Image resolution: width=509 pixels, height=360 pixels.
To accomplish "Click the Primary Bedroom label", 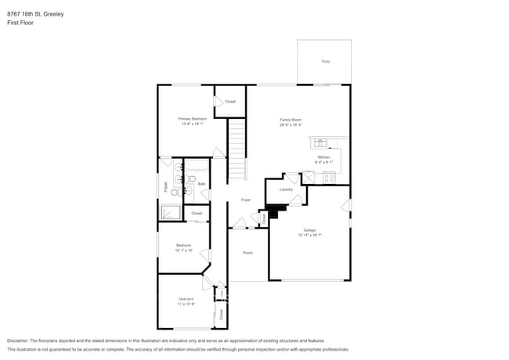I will coord(193,118).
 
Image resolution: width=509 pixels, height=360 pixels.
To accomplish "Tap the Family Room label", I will coord(291,120).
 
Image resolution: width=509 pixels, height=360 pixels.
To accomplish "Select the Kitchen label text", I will coord(324,157).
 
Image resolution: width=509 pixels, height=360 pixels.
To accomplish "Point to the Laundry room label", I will coord(286,189).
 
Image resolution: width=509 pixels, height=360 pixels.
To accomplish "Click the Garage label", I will coord(310,230).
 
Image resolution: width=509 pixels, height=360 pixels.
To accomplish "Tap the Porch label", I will coord(247,253).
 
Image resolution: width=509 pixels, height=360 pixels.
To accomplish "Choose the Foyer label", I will coord(245,200).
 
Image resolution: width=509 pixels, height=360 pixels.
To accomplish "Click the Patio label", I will coord(324,61).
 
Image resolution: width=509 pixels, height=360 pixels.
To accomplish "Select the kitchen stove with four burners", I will coord(328,177).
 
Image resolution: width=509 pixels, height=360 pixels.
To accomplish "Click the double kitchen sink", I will coord(321,143).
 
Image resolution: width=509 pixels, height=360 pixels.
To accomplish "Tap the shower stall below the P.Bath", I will coord(170,212).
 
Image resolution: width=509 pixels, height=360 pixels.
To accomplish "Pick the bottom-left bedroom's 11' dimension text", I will coord(186,303).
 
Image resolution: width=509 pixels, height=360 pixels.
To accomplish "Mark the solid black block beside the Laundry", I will coord(274,210).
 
